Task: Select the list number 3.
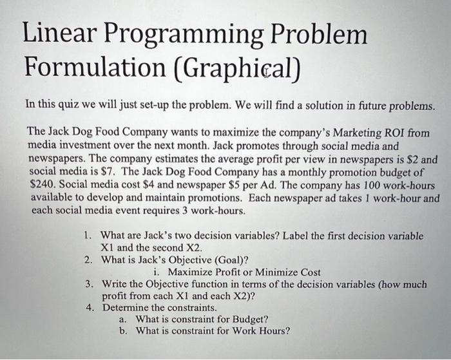point(90,284)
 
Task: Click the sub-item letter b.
point(122,331)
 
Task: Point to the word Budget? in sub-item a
point(247,319)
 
